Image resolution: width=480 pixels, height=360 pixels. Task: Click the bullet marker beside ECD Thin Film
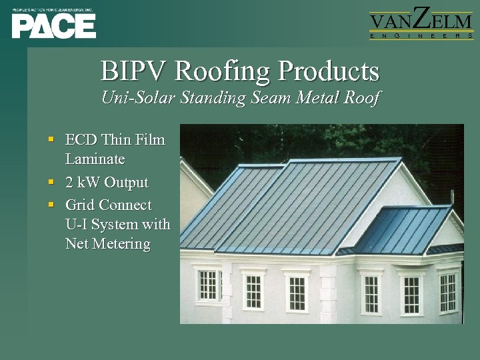point(51,140)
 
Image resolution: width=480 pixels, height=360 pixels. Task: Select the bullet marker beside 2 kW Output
point(51,181)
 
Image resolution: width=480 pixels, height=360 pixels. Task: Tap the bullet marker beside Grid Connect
point(51,204)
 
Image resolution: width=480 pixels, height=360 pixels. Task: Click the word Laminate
point(95,160)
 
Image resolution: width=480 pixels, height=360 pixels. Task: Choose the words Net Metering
point(108,244)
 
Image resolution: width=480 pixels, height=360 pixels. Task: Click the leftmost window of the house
point(208,285)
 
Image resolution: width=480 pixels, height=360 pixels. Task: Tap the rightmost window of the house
point(448,291)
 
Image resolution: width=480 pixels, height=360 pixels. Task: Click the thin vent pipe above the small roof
point(453,198)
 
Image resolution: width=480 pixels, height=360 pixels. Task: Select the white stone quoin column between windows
point(329,293)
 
